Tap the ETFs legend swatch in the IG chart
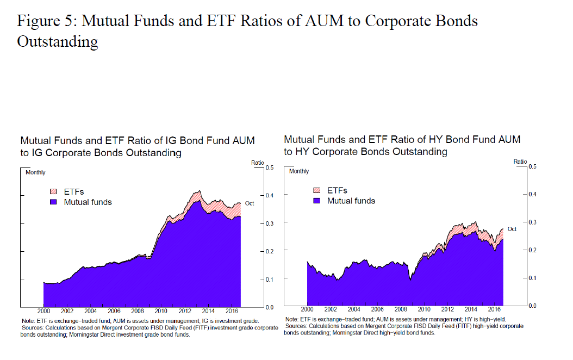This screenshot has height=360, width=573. coord(53,191)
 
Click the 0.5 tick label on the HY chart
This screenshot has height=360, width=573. coord(532,166)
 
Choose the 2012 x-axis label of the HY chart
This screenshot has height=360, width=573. coord(447,309)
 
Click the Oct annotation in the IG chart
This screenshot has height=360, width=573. coord(250,203)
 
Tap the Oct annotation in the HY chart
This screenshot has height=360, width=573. coord(512,229)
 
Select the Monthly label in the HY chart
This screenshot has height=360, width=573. coord(299,171)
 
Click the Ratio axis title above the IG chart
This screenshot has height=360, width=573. coord(257,162)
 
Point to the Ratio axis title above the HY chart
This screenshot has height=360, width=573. coord(520,162)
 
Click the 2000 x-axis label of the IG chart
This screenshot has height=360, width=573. coord(43,311)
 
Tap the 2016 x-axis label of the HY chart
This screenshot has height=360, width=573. coord(494,309)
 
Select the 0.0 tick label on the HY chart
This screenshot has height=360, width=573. coord(532,306)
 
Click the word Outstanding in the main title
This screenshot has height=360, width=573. coord(58,41)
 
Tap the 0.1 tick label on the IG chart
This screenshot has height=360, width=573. coord(270,280)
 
